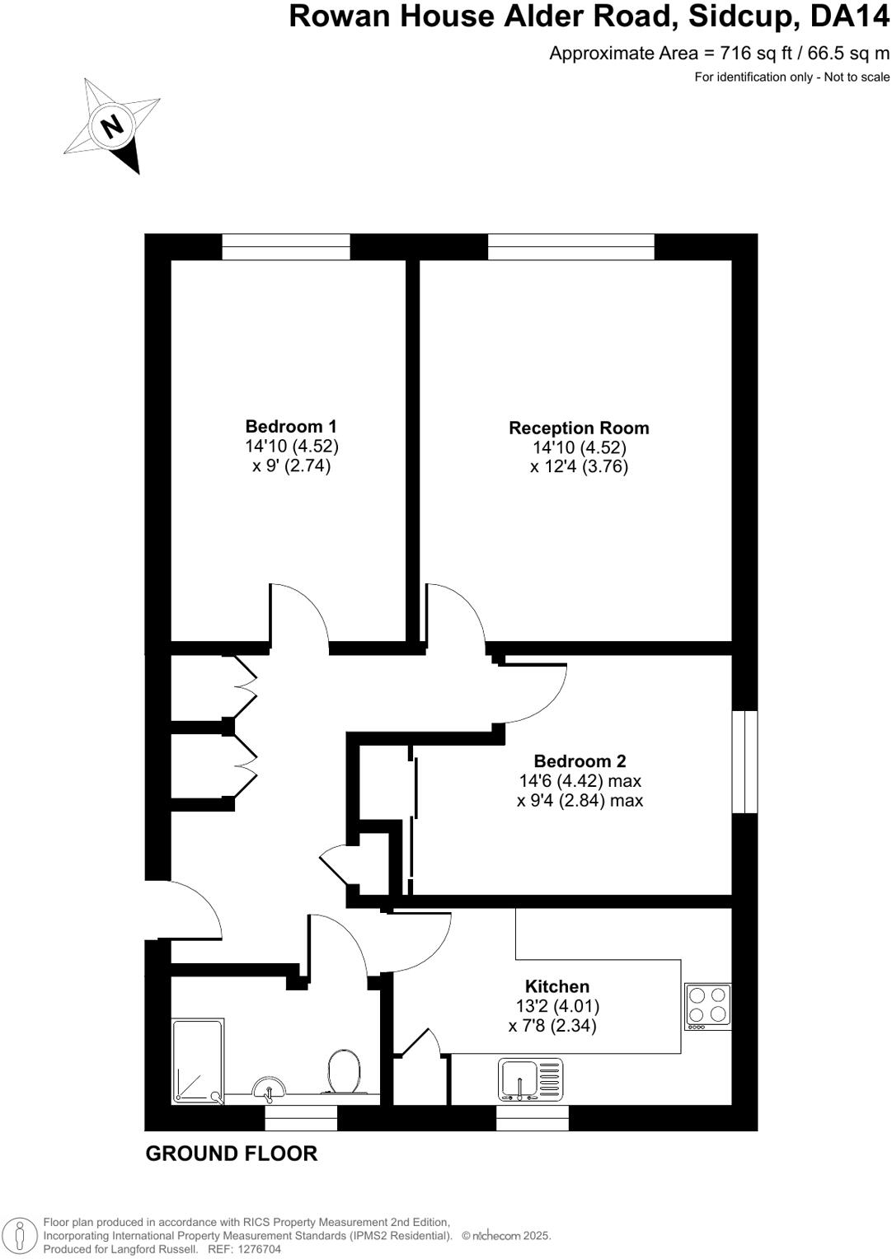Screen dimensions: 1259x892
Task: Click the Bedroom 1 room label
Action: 291,427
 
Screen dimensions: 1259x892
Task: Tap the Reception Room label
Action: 579,428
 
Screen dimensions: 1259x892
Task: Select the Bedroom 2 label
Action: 580,761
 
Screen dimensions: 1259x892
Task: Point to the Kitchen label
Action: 557,986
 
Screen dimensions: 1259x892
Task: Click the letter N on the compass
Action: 111,127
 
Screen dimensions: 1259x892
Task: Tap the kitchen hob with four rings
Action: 708,1006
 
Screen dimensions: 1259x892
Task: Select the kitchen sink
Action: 531,1080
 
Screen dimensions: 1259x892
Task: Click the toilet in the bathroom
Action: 342,1071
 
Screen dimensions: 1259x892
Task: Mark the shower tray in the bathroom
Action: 198,1061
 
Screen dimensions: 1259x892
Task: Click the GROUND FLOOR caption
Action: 231,1154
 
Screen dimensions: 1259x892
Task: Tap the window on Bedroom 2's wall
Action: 745,761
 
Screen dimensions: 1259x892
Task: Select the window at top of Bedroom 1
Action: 286,246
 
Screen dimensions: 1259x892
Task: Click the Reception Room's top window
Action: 570,246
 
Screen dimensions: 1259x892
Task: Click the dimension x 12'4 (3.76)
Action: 579,467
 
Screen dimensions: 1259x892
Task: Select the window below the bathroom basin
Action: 301,1118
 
